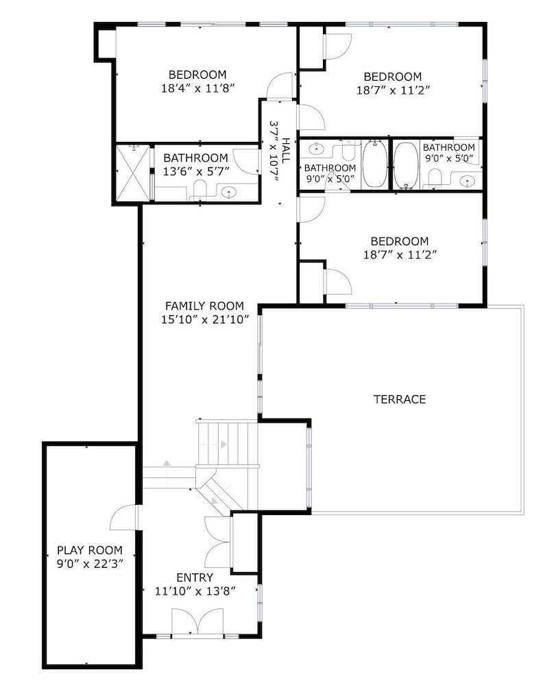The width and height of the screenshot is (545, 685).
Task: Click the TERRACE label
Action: click(x=400, y=399)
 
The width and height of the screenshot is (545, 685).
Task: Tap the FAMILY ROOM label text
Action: click(x=204, y=306)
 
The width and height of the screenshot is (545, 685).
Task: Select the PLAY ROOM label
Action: click(x=90, y=550)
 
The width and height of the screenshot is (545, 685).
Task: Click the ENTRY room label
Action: click(x=195, y=577)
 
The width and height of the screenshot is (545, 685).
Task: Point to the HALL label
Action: click(x=285, y=151)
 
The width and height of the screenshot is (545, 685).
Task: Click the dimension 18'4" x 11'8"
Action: click(x=198, y=88)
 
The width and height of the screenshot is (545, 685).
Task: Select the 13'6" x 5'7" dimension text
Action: click(x=196, y=172)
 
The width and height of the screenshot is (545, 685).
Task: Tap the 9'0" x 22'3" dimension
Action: click(x=90, y=564)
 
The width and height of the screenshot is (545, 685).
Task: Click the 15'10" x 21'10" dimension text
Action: click(x=205, y=320)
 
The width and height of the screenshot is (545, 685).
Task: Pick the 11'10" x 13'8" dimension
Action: click(x=195, y=592)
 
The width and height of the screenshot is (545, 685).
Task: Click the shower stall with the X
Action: click(x=133, y=173)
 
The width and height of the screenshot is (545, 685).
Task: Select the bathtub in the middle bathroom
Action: click(x=375, y=164)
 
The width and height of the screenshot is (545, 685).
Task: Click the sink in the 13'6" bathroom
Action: click(x=228, y=192)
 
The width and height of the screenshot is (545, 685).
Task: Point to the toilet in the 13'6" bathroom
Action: click(x=199, y=191)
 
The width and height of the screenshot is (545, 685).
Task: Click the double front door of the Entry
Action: click(x=197, y=621)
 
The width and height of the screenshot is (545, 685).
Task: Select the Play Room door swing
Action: click(x=123, y=518)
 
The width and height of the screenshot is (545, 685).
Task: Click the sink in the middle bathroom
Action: click(x=315, y=149)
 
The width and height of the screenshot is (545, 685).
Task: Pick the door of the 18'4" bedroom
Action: click(x=279, y=85)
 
